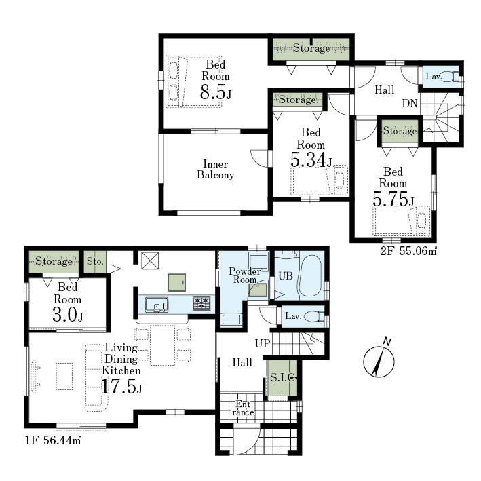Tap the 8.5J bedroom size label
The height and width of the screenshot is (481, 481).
(x=216, y=92)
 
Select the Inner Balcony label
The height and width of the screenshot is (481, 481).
(x=215, y=170)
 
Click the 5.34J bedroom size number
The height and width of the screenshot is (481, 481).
(x=311, y=160)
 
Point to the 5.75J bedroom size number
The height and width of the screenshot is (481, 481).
(x=393, y=199)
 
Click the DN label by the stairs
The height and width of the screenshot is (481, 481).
(x=410, y=103)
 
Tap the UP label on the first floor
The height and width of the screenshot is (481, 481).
(x=263, y=343)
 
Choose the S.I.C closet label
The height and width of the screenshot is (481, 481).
(x=283, y=377)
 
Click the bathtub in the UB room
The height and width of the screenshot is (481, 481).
(x=311, y=275)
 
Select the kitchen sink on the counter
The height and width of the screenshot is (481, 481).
(x=157, y=305)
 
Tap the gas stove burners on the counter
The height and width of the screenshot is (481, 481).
(x=201, y=303)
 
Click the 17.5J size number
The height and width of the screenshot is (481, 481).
(x=121, y=386)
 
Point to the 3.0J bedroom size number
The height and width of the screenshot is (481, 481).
(x=67, y=315)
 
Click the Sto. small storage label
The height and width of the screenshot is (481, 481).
(x=95, y=261)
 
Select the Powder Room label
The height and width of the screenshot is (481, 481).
(x=245, y=275)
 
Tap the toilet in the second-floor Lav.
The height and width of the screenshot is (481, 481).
(x=450, y=76)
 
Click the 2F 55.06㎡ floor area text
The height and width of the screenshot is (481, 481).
(x=408, y=251)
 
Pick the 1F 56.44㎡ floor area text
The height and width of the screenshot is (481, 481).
(x=53, y=440)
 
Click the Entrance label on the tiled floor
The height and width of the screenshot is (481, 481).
(x=243, y=408)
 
